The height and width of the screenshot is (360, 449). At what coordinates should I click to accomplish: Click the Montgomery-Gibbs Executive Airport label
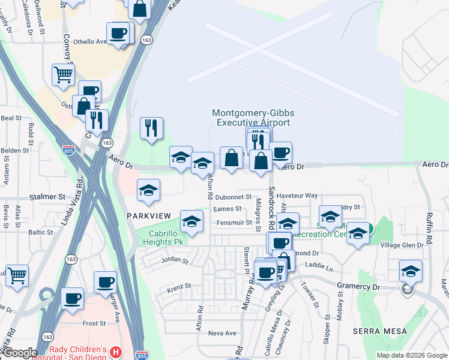(x=251, y=118)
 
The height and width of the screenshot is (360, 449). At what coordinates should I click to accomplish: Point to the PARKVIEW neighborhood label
(x=149, y=215)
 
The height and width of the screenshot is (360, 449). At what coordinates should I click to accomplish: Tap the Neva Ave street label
(x=222, y=333)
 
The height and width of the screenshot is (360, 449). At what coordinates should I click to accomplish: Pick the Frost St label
(x=94, y=323)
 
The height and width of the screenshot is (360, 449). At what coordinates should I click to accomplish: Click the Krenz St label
(x=178, y=286)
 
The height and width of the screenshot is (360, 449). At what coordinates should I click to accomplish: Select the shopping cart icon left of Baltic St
(x=17, y=275)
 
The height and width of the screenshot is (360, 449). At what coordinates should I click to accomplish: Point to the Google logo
(x=19, y=353)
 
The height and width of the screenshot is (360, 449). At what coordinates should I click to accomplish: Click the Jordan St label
(x=174, y=262)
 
